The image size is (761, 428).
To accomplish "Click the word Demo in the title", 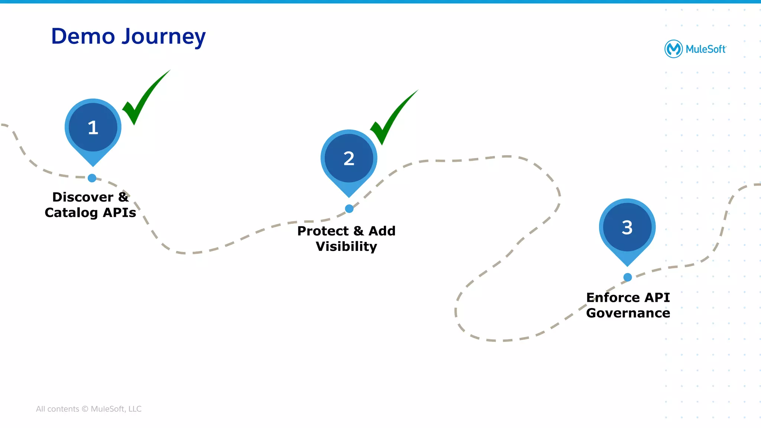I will [x=83, y=36].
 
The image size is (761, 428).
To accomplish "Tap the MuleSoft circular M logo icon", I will [x=673, y=49].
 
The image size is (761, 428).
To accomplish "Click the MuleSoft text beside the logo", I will [x=705, y=49].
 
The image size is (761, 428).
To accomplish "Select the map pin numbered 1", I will [x=93, y=127].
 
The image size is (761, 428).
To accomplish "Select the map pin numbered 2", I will [x=349, y=159].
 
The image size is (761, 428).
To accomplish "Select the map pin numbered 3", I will [x=627, y=227].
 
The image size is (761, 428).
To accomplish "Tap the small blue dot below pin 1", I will [x=92, y=178].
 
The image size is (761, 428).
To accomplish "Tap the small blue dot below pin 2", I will [x=349, y=209].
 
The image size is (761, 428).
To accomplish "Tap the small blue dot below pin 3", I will [x=627, y=277].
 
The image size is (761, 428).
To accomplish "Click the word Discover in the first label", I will [x=82, y=197].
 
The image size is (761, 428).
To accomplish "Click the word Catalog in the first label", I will [x=71, y=213].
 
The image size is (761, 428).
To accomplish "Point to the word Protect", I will [x=323, y=231].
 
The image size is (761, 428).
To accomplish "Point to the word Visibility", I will [x=346, y=246].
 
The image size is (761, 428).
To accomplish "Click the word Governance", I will [x=628, y=313].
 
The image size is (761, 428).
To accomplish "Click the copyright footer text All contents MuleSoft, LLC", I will [x=88, y=409].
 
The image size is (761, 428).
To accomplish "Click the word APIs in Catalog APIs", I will [x=119, y=213].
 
